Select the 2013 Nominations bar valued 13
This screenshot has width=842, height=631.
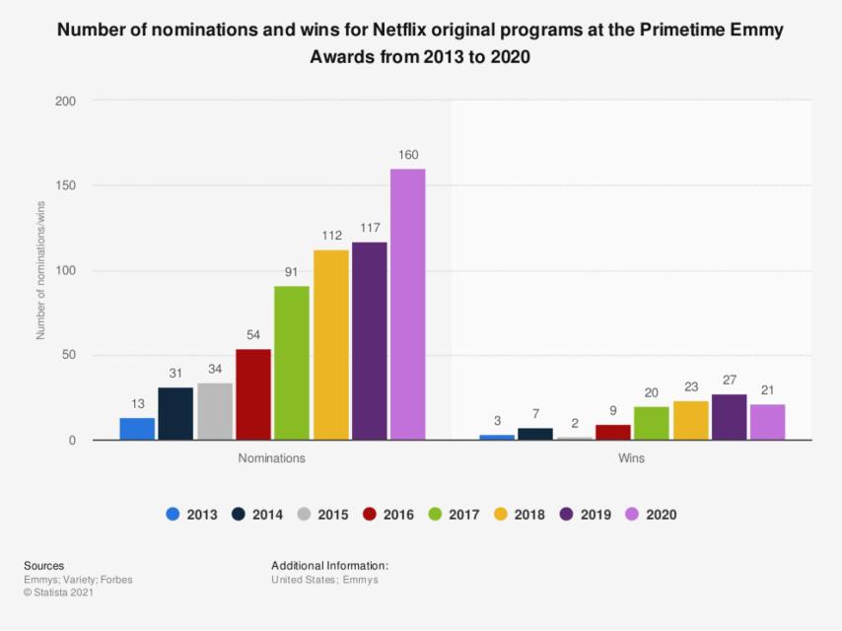(137, 429)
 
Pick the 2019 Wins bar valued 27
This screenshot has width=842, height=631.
(729, 417)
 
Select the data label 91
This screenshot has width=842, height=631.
(292, 271)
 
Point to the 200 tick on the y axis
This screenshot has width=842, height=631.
(65, 101)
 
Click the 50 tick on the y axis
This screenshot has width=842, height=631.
(69, 356)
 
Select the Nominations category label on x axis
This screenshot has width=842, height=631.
(271, 458)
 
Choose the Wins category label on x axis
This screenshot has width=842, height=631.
(632, 458)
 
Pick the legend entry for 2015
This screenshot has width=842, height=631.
(322, 514)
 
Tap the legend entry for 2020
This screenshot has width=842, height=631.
(651, 514)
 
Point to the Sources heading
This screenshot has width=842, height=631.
(43, 566)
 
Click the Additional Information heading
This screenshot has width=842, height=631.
(329, 566)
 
